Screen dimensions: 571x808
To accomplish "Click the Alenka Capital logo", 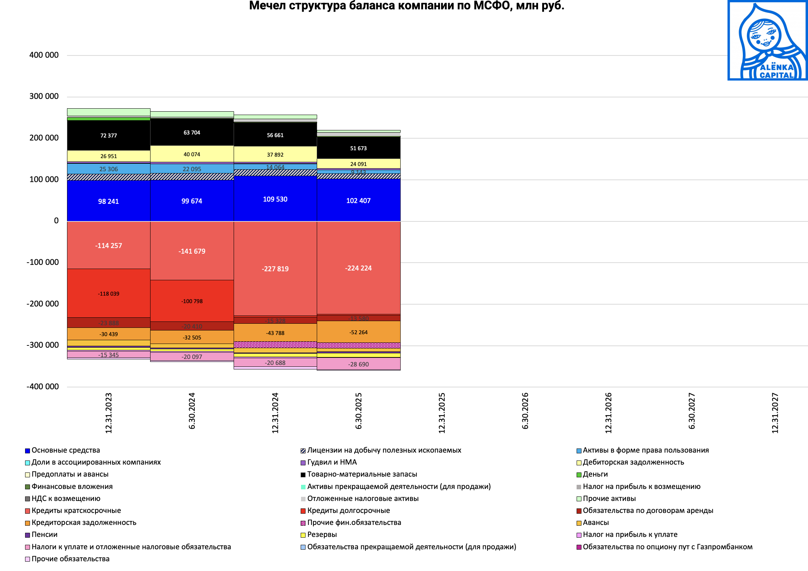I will click(x=767, y=40).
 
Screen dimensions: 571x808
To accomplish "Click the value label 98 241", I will click(x=108, y=202).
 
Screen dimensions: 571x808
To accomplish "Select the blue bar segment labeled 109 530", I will click(x=275, y=199).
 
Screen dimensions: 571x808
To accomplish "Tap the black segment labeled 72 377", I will click(x=109, y=136).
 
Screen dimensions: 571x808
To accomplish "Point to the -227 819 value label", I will click(x=275, y=269).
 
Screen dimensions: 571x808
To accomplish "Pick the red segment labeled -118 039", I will click(x=109, y=294).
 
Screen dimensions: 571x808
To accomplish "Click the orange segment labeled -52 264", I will click(x=358, y=332).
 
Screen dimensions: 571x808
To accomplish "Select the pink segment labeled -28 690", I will click(x=358, y=364).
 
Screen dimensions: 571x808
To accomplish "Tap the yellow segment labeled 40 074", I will click(x=192, y=154).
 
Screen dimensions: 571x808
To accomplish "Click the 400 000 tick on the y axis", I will click(x=44, y=55).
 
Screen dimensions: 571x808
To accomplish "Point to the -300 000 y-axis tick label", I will click(x=43, y=345).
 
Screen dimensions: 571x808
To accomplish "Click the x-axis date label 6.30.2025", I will click(x=358, y=411).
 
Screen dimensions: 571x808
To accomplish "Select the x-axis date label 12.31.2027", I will click(x=775, y=413).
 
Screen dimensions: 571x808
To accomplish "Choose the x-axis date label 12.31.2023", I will click(x=109, y=413).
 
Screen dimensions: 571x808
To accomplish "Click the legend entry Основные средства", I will click(x=66, y=450).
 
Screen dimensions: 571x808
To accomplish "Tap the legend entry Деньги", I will click(x=595, y=474).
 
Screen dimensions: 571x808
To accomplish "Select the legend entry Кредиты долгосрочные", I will click(x=348, y=511).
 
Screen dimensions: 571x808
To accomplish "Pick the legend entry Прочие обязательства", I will click(x=70, y=559).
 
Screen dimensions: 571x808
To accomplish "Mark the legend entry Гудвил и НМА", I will click(x=332, y=462).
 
